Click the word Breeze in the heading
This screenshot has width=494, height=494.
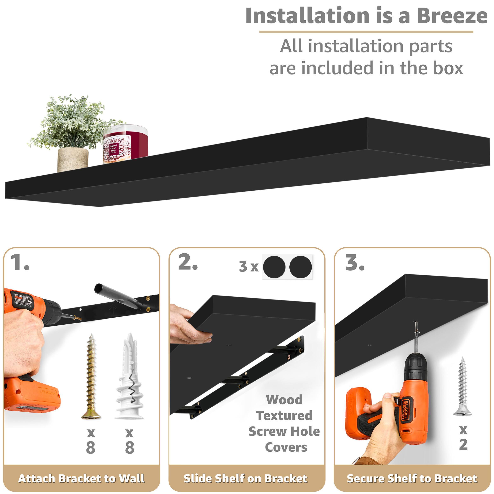(x=452, y=16)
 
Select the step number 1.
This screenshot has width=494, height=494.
(x=20, y=263)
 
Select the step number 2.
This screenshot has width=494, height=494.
(x=188, y=263)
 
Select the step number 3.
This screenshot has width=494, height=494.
(x=354, y=263)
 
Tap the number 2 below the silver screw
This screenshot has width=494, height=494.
(x=463, y=444)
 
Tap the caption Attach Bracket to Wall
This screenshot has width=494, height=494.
(x=81, y=478)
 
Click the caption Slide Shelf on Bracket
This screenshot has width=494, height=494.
(x=246, y=478)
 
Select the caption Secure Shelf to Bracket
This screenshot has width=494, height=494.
(x=412, y=478)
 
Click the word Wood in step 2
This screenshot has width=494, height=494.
(x=284, y=400)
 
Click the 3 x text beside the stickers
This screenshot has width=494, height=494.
(x=248, y=267)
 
